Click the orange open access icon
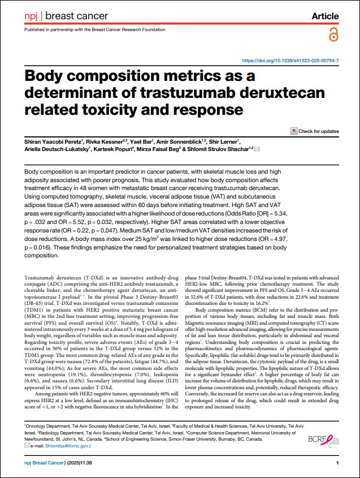[332, 35]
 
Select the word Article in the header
[325, 16]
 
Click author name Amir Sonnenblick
[162, 142]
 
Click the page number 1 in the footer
[337, 463]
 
